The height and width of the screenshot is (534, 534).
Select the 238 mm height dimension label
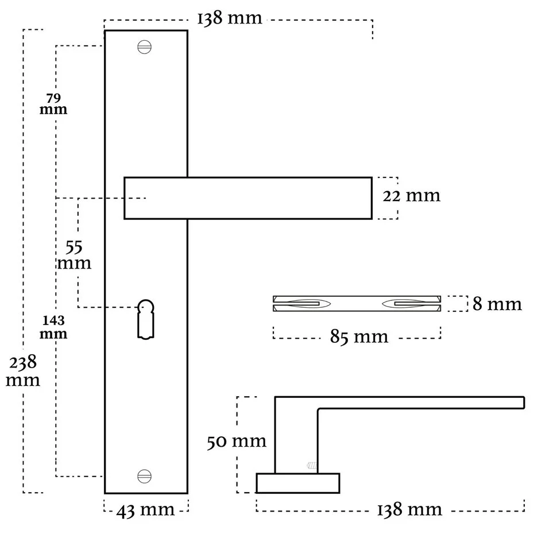click(23, 371)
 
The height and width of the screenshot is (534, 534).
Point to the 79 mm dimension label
click(53, 104)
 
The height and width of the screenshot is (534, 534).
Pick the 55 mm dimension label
click(74, 256)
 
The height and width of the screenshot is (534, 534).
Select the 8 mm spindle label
click(497, 304)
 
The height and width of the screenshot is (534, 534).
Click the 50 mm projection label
click(237, 441)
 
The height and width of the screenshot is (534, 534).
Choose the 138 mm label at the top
click(230, 19)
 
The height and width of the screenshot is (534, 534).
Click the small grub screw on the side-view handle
click(312, 465)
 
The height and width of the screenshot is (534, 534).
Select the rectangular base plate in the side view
click(297, 483)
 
